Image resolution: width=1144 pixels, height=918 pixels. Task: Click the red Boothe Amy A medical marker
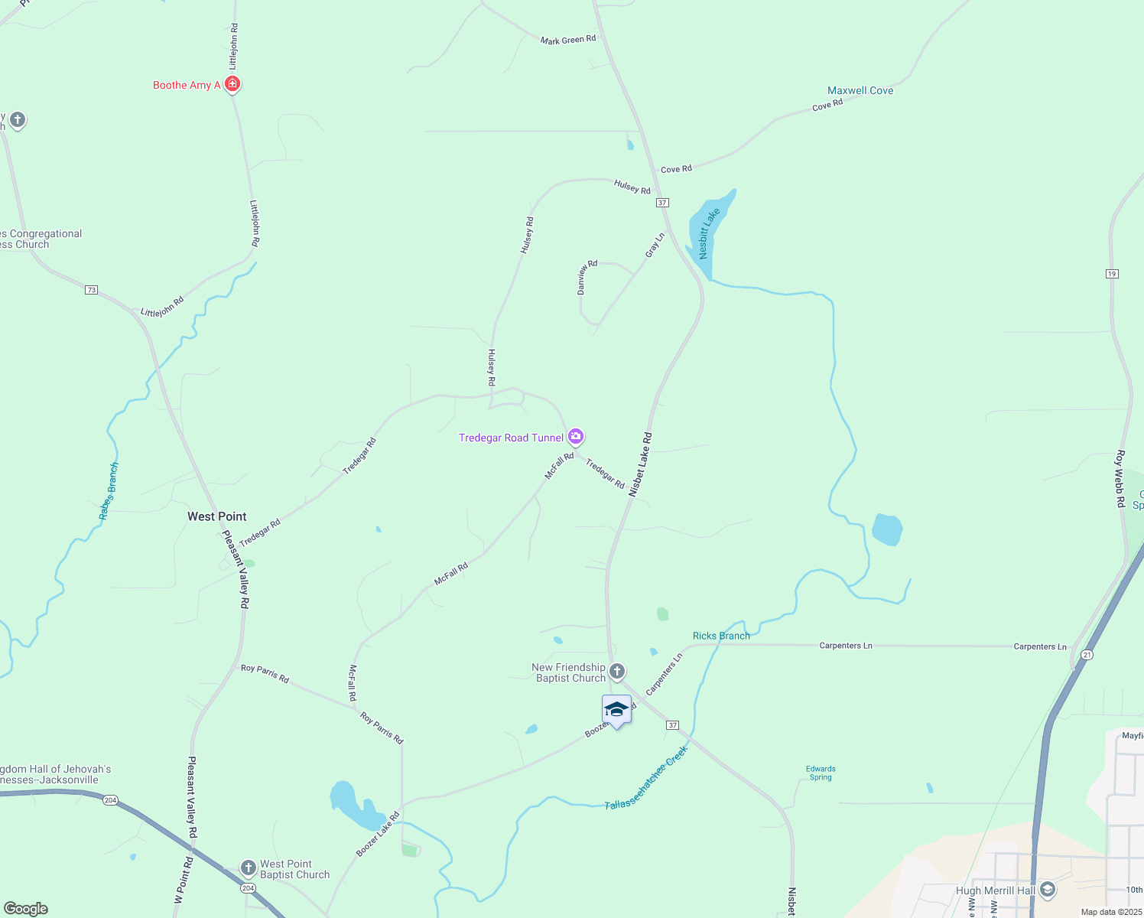point(232,84)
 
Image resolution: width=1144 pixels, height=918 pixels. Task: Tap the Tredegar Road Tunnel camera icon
point(576,437)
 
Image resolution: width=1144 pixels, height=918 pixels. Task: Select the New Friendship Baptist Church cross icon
point(617,672)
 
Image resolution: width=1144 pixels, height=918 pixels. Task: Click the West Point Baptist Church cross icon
point(248,868)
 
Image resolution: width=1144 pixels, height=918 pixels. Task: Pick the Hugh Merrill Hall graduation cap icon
point(1048,890)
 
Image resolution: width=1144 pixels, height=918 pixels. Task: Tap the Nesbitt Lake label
point(709,233)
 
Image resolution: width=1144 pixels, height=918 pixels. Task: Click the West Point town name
point(217,516)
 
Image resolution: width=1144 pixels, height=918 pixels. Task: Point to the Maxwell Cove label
point(860,90)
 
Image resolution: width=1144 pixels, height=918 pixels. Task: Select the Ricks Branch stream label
point(721,636)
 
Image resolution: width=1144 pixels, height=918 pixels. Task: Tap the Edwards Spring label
point(821,773)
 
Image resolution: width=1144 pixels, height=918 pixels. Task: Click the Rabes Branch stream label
point(109,491)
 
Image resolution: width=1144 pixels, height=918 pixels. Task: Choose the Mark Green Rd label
point(568,40)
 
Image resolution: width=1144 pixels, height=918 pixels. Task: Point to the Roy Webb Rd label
point(1120,479)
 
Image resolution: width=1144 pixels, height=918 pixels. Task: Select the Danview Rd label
point(587,277)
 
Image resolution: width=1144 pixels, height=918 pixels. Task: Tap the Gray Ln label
point(655,246)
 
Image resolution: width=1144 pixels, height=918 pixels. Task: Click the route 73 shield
point(92,290)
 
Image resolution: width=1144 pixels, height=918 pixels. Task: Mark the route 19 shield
point(1112,273)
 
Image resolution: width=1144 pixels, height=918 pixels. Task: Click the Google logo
point(26,909)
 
